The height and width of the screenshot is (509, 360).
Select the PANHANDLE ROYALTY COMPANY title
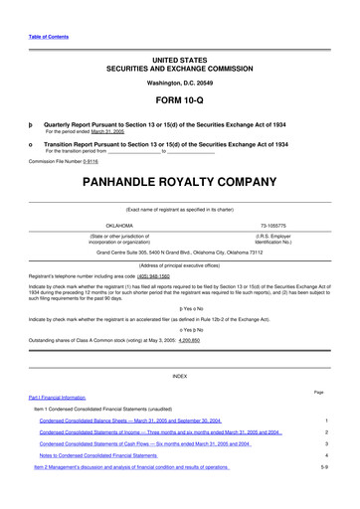(x=180, y=184)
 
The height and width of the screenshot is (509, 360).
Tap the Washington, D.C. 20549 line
(x=180, y=83)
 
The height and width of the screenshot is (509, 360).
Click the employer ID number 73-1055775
(x=272, y=225)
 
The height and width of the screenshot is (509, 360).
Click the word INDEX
(x=180, y=377)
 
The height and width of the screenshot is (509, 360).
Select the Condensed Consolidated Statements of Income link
(x=159, y=432)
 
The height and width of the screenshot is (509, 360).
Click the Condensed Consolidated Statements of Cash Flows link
(x=145, y=443)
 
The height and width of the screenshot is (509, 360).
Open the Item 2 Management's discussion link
(x=133, y=466)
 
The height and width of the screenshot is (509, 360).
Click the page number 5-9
(x=324, y=466)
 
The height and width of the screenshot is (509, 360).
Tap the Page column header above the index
(x=318, y=392)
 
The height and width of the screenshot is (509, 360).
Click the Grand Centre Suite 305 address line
(x=179, y=252)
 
